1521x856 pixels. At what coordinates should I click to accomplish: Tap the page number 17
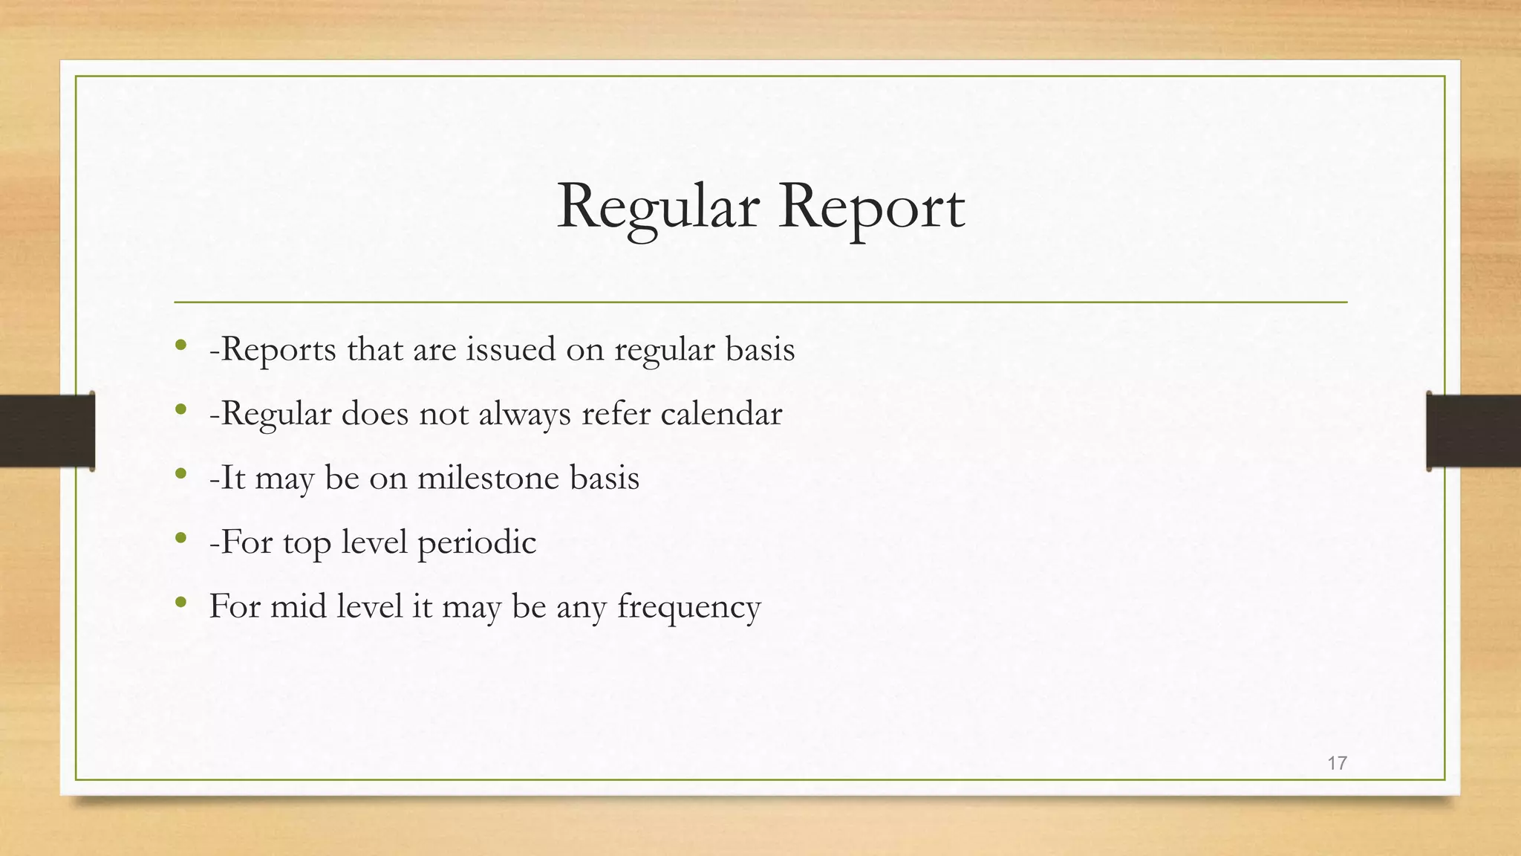point(1337,762)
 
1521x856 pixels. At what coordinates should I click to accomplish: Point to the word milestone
point(487,477)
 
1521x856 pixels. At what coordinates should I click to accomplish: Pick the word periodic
point(476,542)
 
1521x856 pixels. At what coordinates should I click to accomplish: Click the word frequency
point(688,606)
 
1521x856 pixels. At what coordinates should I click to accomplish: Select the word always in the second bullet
point(524,414)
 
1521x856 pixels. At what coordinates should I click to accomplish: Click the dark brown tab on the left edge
point(47,431)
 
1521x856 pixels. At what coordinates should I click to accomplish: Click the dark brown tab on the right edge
point(1473,431)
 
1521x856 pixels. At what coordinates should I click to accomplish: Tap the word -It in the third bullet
point(227,477)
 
